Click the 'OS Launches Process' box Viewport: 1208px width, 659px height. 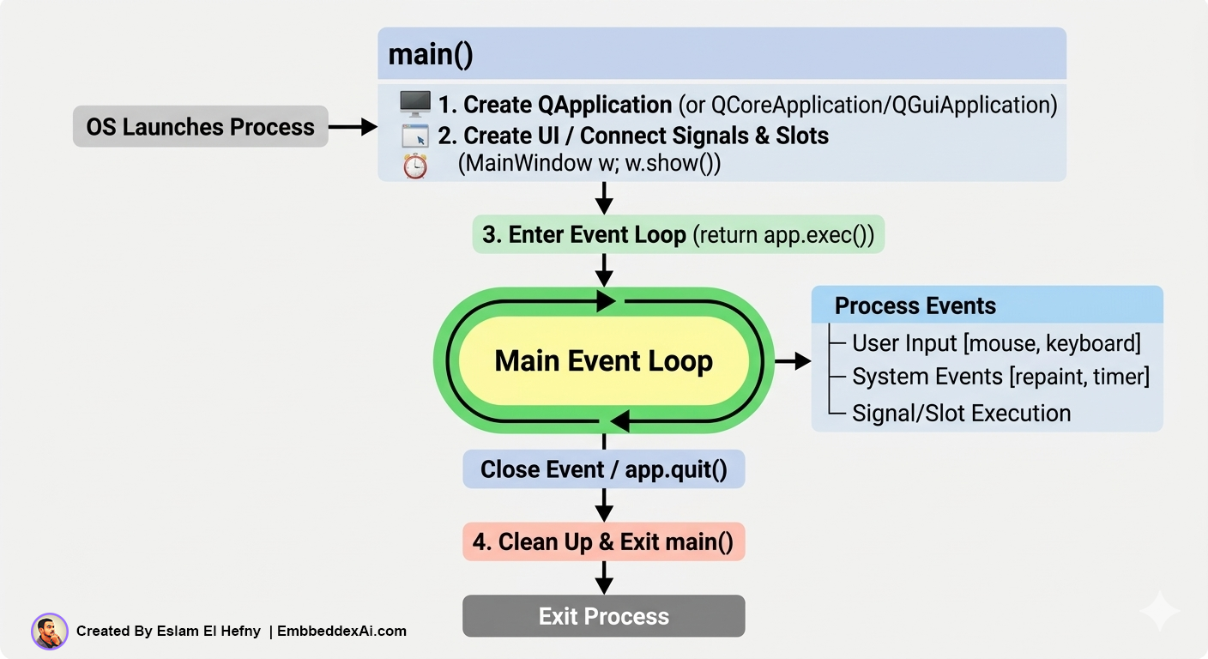pyautogui.click(x=200, y=127)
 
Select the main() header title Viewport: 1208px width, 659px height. pyautogui.click(x=431, y=54)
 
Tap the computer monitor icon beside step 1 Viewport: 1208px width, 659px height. pyautogui.click(x=415, y=104)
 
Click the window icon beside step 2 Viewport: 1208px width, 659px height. pyautogui.click(x=415, y=136)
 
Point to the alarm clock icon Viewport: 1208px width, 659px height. pyautogui.click(x=415, y=166)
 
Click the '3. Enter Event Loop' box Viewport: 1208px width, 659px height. pyautogui.click(x=678, y=234)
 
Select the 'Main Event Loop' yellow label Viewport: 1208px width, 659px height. pyautogui.click(x=603, y=360)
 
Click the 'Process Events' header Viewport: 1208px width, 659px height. pyautogui.click(x=915, y=305)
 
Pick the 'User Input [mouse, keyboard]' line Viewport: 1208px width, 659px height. pyautogui.click(x=995, y=343)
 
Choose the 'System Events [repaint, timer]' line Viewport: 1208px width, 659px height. pyautogui.click(x=1000, y=377)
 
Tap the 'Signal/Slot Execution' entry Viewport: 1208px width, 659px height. pyautogui.click(x=961, y=413)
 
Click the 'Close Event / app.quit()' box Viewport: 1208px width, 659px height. pyautogui.click(x=603, y=469)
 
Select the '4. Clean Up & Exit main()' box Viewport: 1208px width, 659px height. pyautogui.click(x=603, y=542)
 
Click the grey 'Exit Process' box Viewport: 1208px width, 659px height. pyautogui.click(x=603, y=616)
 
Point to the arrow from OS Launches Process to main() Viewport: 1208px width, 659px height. pyautogui.click(x=353, y=127)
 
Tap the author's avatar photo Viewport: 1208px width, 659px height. pyautogui.click(x=50, y=632)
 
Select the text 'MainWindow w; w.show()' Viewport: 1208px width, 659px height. pyautogui.click(x=589, y=164)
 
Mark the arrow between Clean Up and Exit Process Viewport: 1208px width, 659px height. pyautogui.click(x=604, y=577)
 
